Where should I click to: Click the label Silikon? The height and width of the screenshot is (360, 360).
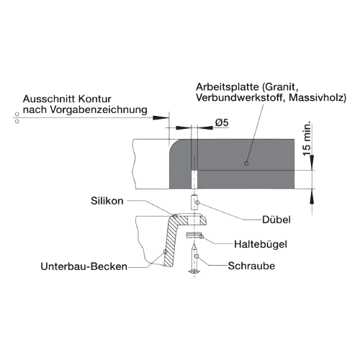point(107,201)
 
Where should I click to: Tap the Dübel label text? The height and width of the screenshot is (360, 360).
point(276,220)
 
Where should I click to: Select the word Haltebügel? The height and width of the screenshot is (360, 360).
point(261,244)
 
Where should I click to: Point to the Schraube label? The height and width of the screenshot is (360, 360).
point(251,266)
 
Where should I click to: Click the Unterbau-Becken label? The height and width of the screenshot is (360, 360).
point(84,266)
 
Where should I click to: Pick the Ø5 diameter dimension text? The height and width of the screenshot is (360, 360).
point(222,123)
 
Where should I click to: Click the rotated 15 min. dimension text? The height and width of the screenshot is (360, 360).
point(307,138)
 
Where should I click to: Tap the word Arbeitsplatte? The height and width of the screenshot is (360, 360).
point(228,87)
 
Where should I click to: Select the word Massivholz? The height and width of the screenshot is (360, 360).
point(318,98)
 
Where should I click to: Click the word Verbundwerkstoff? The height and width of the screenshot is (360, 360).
point(240,98)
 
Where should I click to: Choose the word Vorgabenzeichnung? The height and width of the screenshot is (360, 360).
point(99,110)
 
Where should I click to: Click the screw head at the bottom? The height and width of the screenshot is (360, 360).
point(194,271)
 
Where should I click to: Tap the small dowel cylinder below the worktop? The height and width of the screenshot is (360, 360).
point(194,202)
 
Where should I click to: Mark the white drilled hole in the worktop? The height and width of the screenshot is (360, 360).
point(194,179)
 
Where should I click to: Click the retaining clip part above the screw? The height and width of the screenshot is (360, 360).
point(194,235)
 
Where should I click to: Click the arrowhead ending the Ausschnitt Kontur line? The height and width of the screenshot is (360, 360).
point(161,118)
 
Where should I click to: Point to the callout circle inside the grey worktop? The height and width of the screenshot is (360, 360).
point(246,163)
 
